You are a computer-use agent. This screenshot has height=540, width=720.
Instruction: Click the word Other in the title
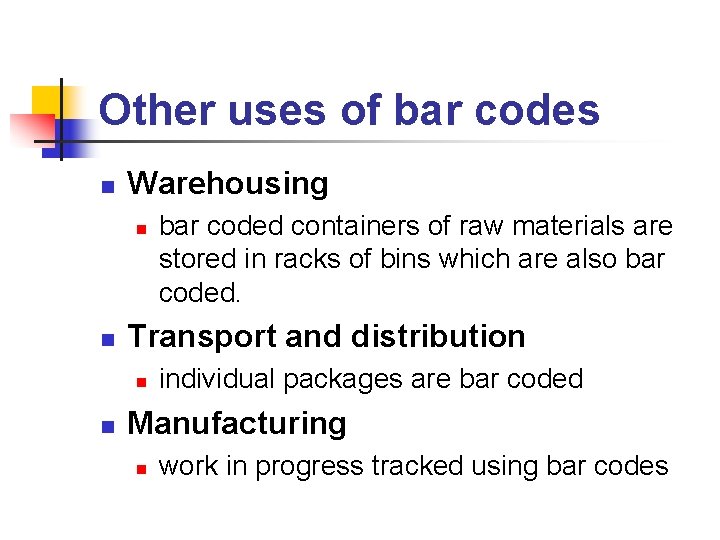click(158, 110)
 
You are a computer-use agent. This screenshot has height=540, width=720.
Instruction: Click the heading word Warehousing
click(228, 183)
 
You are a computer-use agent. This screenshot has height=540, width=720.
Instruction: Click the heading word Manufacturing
click(237, 423)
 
